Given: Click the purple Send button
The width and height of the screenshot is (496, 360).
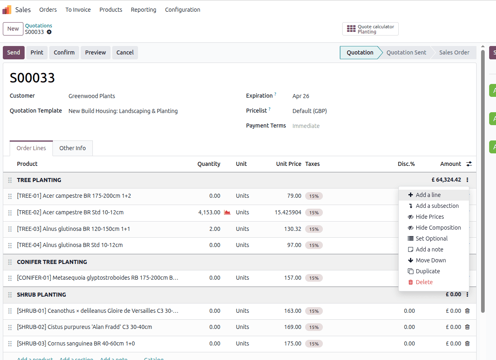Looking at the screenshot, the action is coord(13,52).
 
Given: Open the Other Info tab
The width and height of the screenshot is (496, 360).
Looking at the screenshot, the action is coord(72,148).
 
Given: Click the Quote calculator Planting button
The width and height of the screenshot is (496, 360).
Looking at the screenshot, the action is coord(370,29).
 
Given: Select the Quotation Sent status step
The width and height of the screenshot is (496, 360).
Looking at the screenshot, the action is coord(406,52).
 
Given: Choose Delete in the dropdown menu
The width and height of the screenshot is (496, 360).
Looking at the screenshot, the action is coord(424,282).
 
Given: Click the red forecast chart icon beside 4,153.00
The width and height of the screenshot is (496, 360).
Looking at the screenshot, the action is coord(227,212).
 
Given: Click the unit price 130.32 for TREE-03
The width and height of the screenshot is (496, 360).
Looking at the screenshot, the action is coord(293,229).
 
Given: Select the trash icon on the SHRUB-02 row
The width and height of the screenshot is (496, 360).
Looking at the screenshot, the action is coord(467,327).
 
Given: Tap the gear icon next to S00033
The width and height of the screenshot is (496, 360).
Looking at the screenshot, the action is coord(49,32).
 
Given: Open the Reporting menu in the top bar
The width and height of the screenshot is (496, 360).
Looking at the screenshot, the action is coord(144,10).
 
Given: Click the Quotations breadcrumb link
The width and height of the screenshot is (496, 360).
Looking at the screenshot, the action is coord(38,25).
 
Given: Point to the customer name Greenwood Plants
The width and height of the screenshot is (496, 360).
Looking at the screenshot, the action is coord(92,96).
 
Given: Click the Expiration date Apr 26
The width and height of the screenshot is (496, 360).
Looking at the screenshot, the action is coord(301,96).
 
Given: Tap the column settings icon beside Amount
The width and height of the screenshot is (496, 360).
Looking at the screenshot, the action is coord(469,164).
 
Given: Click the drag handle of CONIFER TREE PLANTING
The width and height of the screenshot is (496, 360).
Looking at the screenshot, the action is coord(10,262).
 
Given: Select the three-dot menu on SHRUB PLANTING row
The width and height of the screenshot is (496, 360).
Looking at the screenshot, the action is coord(467,294).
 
